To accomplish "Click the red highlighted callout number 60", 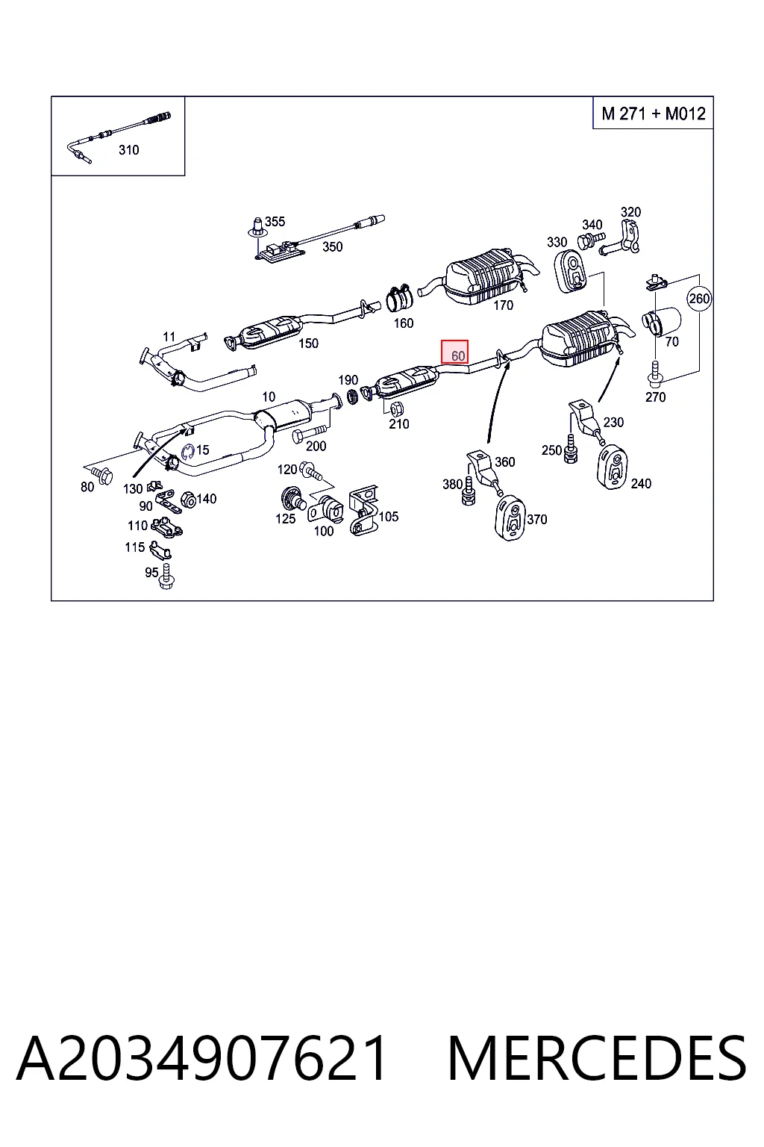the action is click(454, 352).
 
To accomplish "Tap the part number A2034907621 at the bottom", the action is click(201, 1058).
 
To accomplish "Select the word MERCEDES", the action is click(597, 1058).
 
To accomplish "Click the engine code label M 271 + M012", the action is click(654, 114).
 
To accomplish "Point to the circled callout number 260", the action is click(699, 299).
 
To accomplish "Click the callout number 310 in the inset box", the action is click(128, 150).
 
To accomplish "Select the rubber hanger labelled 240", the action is click(613, 467).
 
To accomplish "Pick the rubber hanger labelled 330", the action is click(570, 271).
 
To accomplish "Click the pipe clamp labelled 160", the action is click(398, 299).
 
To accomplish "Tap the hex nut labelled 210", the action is click(396, 409).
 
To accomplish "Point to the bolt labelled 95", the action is click(166, 576).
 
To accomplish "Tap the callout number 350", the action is click(332, 247).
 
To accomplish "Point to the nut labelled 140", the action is click(188, 500).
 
